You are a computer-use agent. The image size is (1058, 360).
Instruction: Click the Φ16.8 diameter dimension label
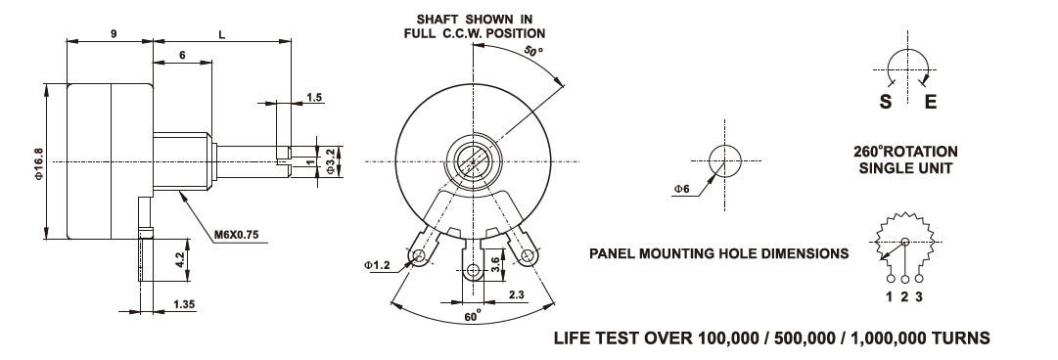click(38, 162)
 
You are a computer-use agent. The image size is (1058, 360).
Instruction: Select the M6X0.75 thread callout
click(237, 236)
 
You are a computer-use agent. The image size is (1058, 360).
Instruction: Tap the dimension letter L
click(222, 35)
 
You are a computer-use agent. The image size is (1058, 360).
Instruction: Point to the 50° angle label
click(533, 51)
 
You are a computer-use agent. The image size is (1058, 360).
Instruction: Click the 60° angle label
click(474, 315)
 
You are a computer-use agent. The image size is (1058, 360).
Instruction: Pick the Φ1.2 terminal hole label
click(377, 266)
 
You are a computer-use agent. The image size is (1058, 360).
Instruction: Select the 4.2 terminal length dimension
click(179, 259)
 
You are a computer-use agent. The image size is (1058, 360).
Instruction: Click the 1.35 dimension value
click(184, 304)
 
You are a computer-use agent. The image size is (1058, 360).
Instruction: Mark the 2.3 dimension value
click(516, 293)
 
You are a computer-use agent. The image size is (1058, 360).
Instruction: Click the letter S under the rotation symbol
click(886, 103)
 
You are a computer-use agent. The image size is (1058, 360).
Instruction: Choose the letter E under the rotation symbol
click(931, 103)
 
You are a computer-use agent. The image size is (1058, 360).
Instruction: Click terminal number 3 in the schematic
click(919, 296)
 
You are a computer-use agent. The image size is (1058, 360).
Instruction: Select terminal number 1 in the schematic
click(890, 296)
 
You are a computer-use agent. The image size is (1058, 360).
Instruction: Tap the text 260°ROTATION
click(905, 152)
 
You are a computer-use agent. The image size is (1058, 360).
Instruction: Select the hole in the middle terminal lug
click(473, 271)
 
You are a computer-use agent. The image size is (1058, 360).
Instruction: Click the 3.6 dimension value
click(495, 263)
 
